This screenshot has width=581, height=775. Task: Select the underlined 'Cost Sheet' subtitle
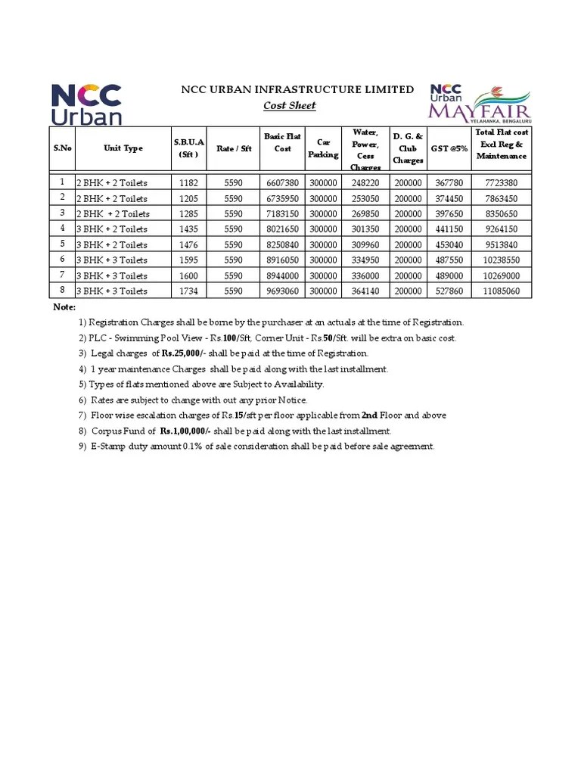point(290,106)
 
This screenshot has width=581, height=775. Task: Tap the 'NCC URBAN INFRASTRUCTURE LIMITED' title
point(297,89)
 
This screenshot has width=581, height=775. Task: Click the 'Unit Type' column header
point(123,148)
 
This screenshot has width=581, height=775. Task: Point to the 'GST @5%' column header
point(449,148)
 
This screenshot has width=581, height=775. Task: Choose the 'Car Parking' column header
point(323,148)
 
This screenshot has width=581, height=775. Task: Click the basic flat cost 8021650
point(282,229)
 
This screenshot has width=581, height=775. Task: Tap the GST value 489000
point(449,275)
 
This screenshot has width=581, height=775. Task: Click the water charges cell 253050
point(365,198)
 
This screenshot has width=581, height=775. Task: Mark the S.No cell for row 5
point(62,244)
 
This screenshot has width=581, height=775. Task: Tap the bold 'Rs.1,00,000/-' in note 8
point(185,431)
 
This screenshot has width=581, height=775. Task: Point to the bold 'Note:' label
point(64,307)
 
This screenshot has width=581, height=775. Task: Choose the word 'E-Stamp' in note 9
point(108,447)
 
